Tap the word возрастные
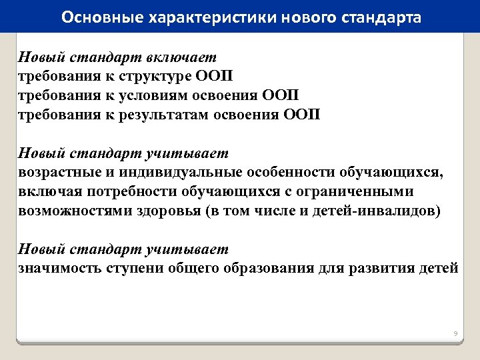click(57, 173)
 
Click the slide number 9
click(455, 333)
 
